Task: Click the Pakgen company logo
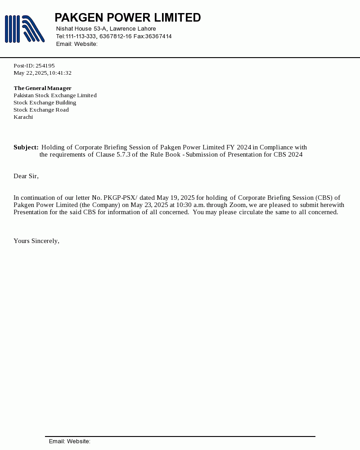pos(25,29)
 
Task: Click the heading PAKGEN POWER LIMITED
pos(127,18)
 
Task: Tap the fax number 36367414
pos(158,36)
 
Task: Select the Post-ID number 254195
pos(45,66)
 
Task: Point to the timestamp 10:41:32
pos(60,73)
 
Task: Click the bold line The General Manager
pos(42,88)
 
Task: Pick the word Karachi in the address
pos(23,117)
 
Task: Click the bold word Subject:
pos(26,147)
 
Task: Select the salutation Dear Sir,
pos(26,176)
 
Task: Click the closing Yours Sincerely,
pos(36,241)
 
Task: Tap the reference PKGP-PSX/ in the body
pos(120,198)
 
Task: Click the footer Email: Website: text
pos(70,441)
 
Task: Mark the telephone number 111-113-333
pos(81,36)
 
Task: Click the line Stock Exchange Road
pos(41,110)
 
